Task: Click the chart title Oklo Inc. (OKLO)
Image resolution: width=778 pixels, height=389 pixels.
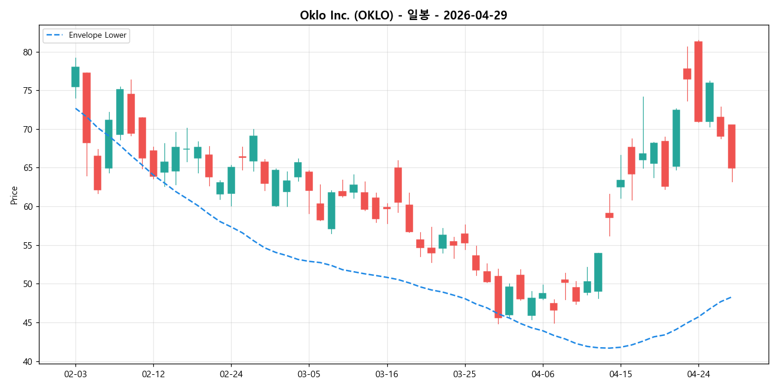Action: point(347,15)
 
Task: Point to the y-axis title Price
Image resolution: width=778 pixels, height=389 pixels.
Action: point(14,195)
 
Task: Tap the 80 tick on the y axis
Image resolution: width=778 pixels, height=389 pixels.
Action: point(27,52)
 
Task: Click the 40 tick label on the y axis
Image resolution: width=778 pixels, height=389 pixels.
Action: point(27,361)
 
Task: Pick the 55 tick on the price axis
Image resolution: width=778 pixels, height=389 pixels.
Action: point(27,245)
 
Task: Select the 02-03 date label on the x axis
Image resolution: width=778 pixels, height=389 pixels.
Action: point(75,374)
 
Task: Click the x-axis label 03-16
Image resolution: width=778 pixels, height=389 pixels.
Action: point(387,374)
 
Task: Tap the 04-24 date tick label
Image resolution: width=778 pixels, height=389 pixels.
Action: point(698,374)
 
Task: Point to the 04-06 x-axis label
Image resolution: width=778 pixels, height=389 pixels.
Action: point(542,374)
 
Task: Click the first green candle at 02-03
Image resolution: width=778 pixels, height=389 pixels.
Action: point(75,77)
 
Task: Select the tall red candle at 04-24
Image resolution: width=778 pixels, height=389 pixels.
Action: point(698,81)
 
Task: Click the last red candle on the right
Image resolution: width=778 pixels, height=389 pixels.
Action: point(731,146)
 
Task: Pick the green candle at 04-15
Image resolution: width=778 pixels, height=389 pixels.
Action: point(620,183)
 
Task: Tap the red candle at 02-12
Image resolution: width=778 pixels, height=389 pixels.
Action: point(153,163)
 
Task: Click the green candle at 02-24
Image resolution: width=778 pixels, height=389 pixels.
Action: point(231,180)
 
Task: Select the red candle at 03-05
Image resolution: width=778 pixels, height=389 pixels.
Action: point(309,181)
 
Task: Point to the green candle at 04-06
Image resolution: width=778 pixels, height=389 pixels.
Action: point(542,296)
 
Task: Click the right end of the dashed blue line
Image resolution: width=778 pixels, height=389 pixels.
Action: point(731,297)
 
